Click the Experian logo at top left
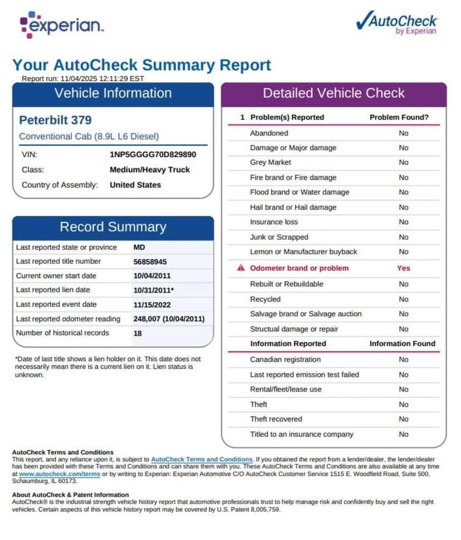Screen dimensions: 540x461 (61, 25)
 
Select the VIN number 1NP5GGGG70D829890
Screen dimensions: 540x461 (153, 155)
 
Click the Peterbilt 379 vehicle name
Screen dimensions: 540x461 (55, 120)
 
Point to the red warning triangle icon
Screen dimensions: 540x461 (241, 268)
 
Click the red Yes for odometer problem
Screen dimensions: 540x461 (403, 268)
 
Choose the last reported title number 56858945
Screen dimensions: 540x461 (150, 261)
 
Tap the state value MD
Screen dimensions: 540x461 (139, 247)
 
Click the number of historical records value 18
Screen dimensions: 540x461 (138, 333)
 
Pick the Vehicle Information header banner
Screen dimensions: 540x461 (112, 93)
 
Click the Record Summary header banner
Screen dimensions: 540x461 (112, 227)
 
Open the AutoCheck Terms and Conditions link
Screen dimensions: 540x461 (202, 459)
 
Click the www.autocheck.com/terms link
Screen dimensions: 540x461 (60, 474)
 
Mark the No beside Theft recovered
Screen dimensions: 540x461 (403, 419)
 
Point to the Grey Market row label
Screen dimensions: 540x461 (271, 162)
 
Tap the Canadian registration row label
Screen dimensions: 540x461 (285, 360)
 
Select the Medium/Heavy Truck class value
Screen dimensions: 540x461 (150, 170)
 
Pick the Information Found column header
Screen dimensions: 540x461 (402, 344)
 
